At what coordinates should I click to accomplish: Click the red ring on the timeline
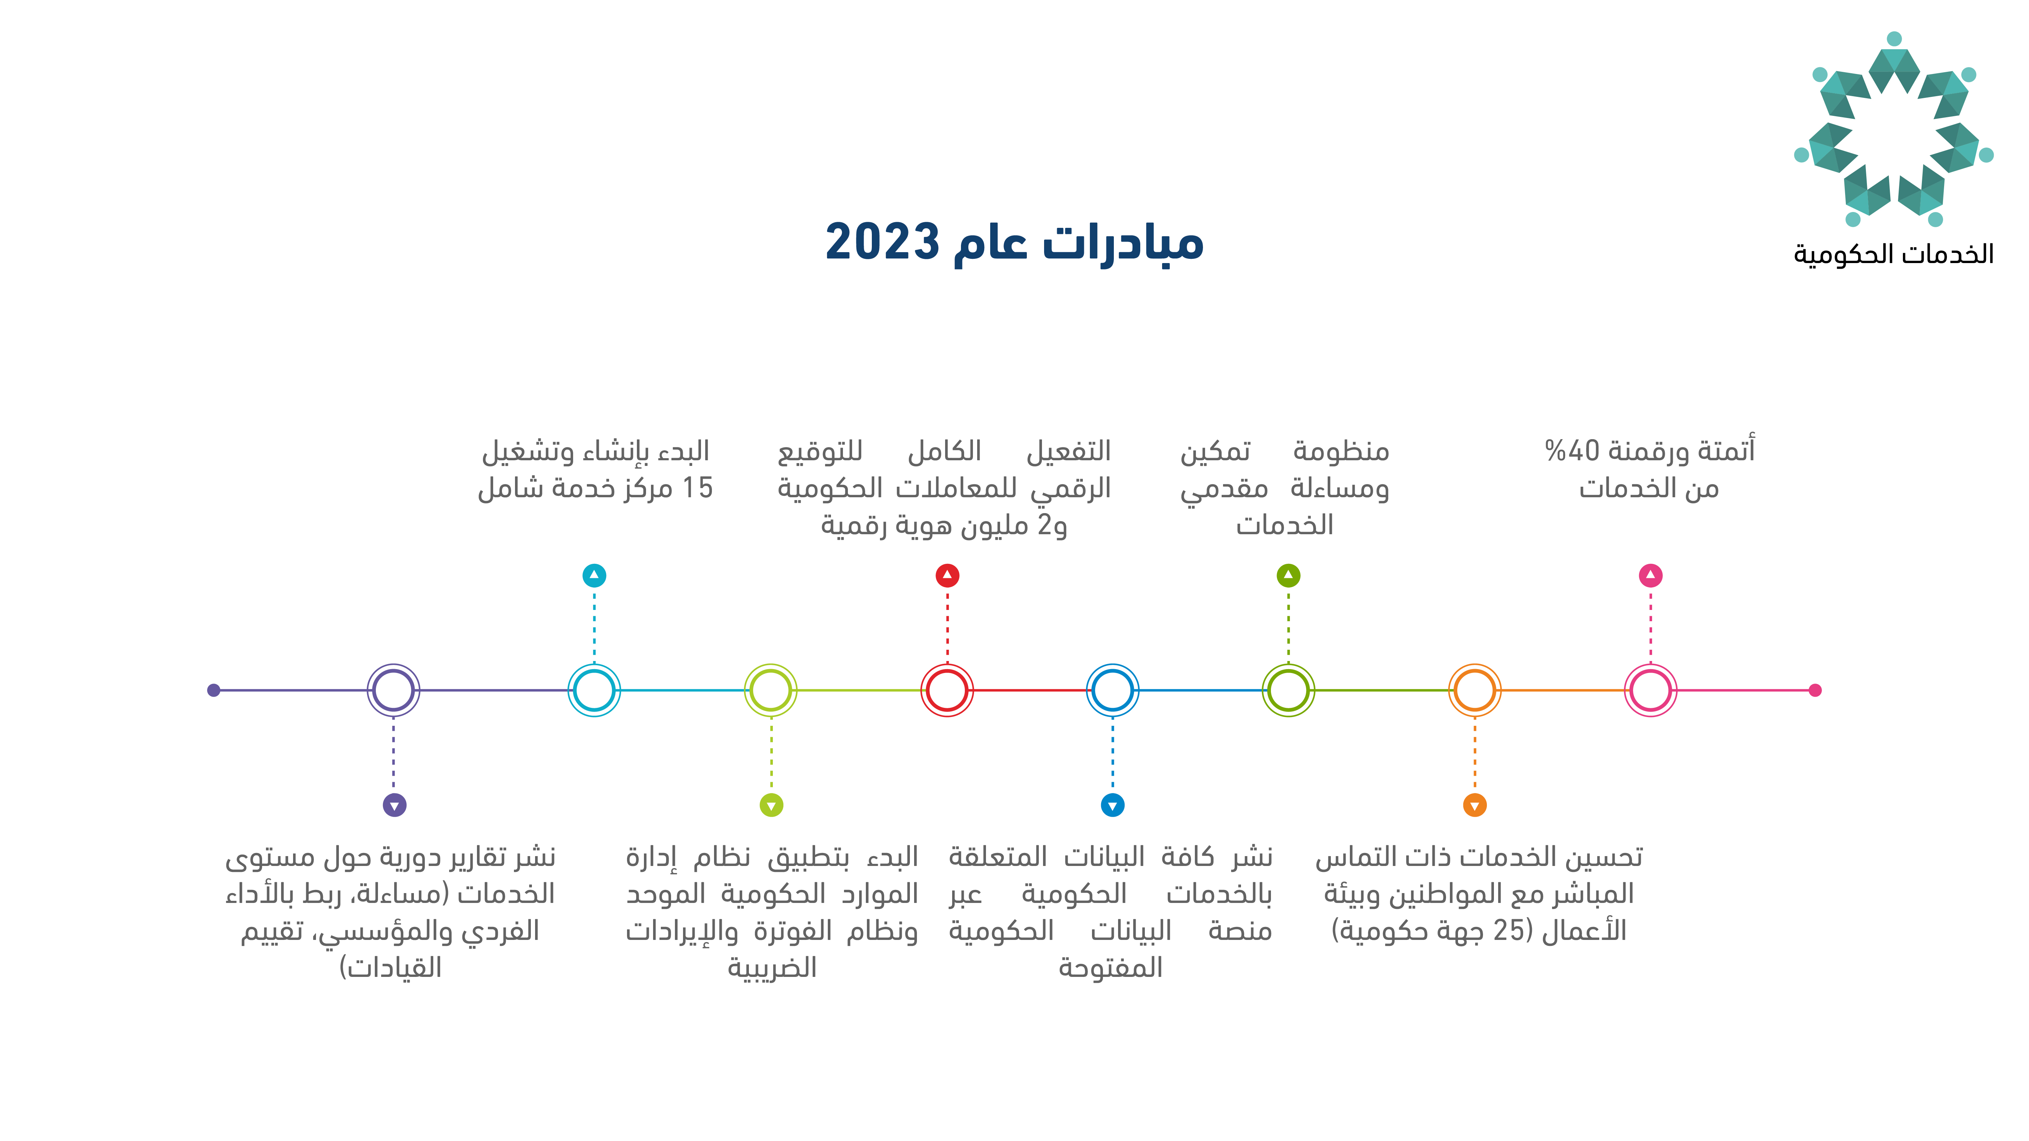tap(948, 665)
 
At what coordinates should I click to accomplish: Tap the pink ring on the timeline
tap(1651, 665)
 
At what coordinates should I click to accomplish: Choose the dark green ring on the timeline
tap(1289, 665)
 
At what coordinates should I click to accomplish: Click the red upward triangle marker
tap(948, 576)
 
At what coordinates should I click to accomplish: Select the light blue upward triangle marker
tap(595, 576)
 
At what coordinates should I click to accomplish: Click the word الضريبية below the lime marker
tap(772, 967)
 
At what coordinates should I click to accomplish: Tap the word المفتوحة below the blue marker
tap(1111, 967)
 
